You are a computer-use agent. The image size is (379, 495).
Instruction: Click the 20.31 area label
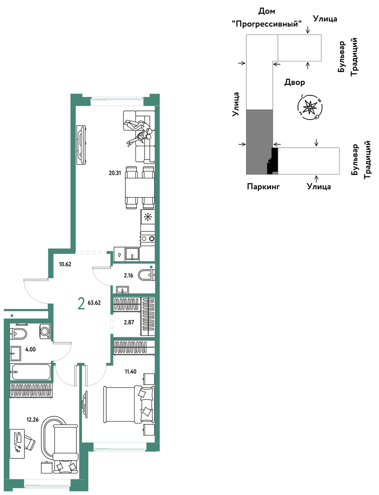[115, 173]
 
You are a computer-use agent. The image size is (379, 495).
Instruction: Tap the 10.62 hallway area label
[65, 264]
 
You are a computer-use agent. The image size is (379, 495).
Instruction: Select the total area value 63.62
[94, 303]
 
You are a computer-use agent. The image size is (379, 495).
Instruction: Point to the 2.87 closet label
[129, 323]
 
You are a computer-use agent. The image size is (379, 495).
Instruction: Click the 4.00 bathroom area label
[30, 349]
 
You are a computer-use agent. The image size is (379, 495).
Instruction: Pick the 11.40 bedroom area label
[130, 372]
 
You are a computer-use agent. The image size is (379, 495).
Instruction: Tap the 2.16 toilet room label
[128, 275]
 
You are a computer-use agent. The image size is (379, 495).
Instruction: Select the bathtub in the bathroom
[30, 373]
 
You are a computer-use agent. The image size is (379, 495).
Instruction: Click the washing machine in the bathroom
[45, 331]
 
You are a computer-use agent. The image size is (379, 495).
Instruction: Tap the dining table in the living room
[140, 187]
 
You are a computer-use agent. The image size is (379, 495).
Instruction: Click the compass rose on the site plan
[311, 108]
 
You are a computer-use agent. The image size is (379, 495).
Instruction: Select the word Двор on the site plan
[295, 82]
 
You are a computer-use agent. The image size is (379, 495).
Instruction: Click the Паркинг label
[264, 187]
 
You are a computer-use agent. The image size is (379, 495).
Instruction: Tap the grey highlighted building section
[259, 142]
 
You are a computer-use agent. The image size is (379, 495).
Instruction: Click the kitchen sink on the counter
[132, 253]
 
